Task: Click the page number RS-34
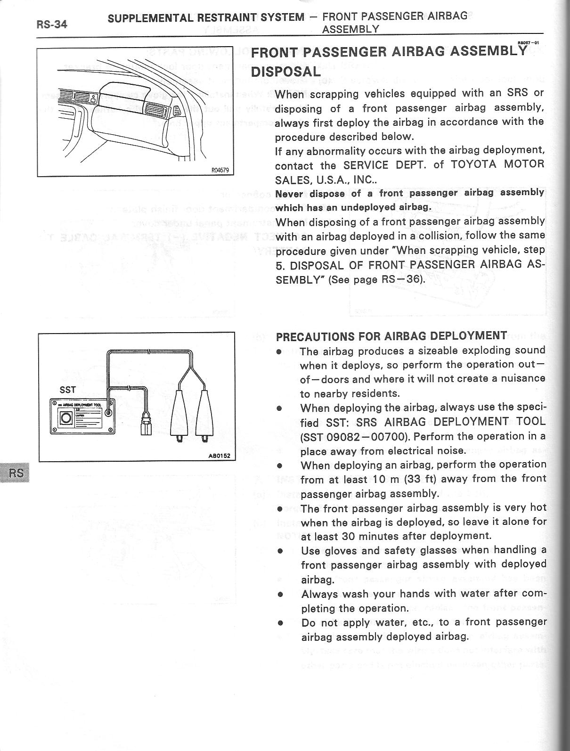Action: pyautogui.click(x=51, y=24)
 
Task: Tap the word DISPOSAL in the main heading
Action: pyautogui.click(x=285, y=72)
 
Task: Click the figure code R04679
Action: pyautogui.click(x=220, y=171)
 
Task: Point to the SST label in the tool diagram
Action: pyautogui.click(x=67, y=390)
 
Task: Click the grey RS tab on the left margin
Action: pyautogui.click(x=15, y=473)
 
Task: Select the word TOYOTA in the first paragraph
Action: pyautogui.click(x=472, y=165)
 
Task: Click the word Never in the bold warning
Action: pyautogui.click(x=287, y=194)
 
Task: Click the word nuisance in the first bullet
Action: pyautogui.click(x=524, y=378)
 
